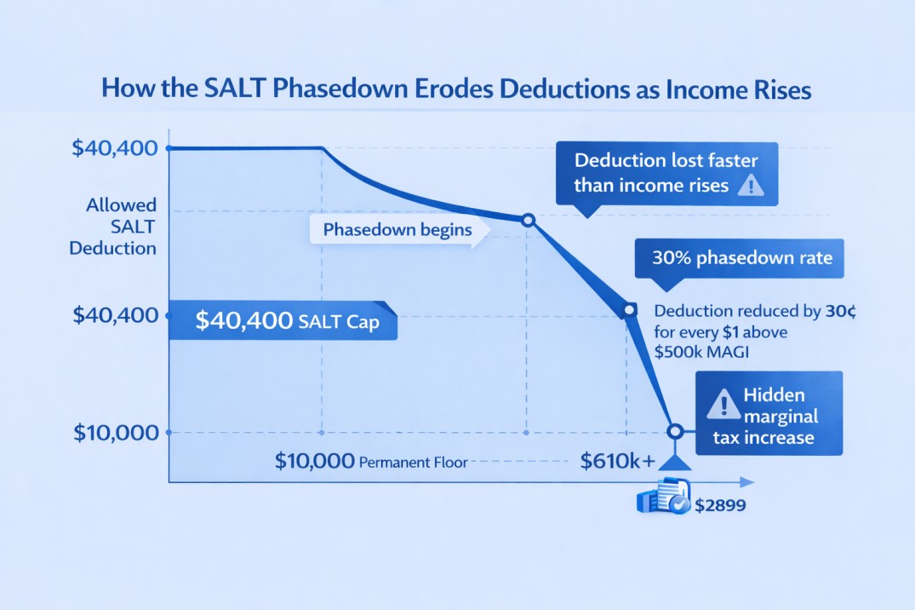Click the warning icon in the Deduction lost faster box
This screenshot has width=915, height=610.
(x=750, y=185)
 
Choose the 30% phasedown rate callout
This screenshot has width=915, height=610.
(x=739, y=257)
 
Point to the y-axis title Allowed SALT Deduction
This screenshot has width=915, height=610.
(x=121, y=227)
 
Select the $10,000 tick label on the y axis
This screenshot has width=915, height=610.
(x=116, y=433)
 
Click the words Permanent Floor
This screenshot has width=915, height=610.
(x=412, y=463)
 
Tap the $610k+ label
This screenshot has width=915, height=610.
(x=618, y=462)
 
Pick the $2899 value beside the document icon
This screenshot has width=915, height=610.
(x=720, y=505)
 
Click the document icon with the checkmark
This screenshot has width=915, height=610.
(x=661, y=498)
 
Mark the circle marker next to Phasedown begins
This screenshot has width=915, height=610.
(x=528, y=221)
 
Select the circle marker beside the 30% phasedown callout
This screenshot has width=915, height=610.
(x=630, y=311)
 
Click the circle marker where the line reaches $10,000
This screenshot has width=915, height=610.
(x=675, y=432)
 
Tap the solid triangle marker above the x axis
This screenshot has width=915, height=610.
(x=675, y=463)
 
